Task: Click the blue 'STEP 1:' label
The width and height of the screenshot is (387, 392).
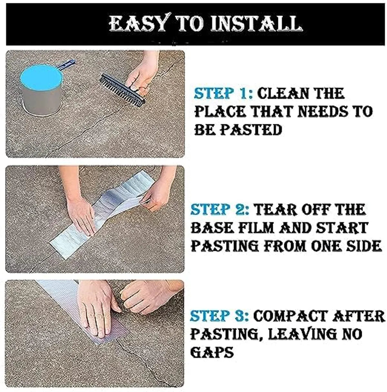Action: tap(223, 93)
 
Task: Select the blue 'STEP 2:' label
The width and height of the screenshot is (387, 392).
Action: tap(220, 209)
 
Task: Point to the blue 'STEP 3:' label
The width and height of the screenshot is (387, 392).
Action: tap(219, 316)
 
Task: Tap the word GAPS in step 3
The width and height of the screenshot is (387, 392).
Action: tap(212, 352)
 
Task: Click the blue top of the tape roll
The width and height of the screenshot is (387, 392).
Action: tap(41, 77)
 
